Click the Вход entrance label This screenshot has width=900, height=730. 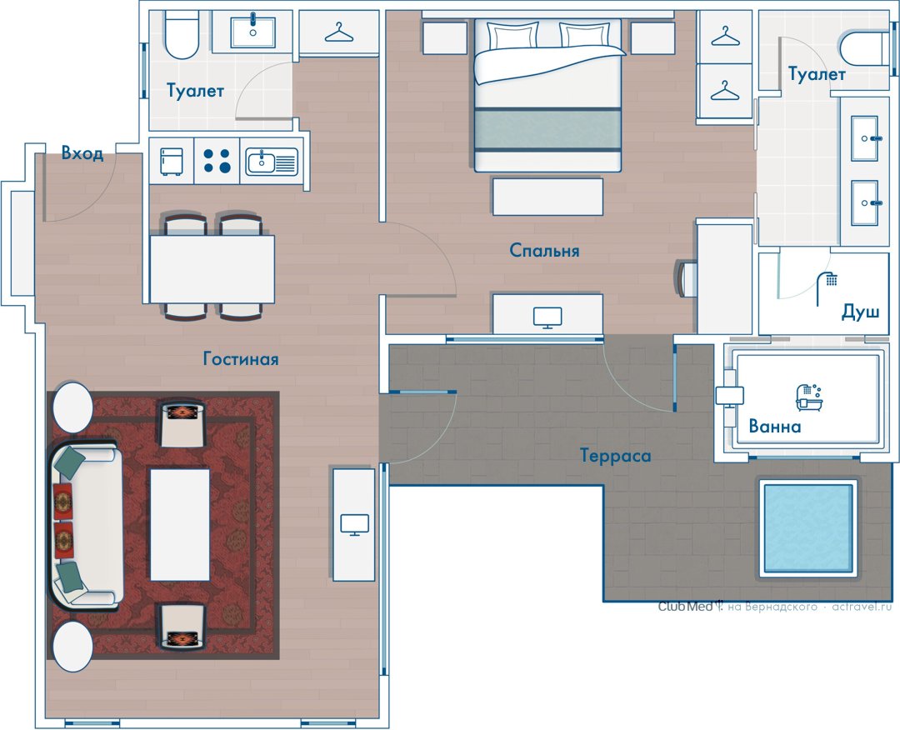82,153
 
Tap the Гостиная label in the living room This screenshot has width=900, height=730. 241,359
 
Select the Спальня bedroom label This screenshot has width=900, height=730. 544,250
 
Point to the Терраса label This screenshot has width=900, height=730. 615,456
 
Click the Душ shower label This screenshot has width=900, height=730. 860,312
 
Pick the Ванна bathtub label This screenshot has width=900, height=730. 775,427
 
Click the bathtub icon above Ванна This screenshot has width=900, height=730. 809,397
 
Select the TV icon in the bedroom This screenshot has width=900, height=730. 547,317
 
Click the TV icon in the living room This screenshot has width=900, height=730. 355,524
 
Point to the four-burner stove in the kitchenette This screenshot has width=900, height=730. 217,161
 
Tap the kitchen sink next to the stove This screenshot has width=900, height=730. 272,162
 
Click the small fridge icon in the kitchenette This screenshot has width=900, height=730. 171,162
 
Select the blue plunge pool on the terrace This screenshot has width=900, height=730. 808,527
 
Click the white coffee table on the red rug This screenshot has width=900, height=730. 180,524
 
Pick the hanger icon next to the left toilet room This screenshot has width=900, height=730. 339,32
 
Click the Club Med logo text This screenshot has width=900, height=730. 686,607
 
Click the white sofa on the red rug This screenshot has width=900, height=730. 87,524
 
